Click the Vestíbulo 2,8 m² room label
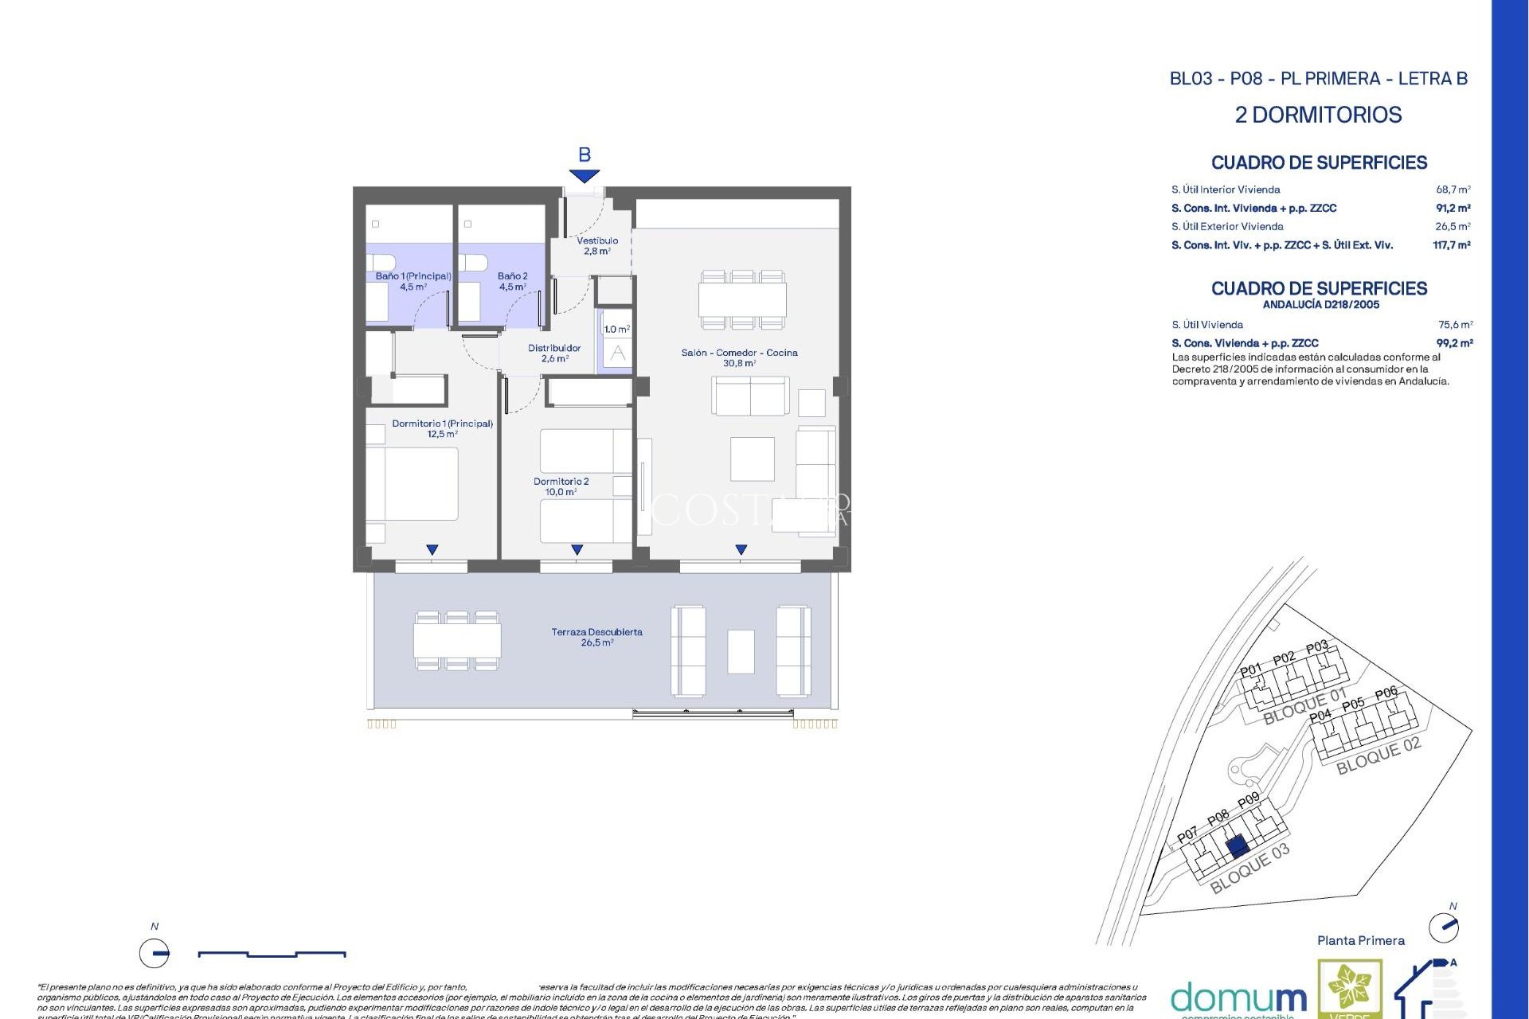pyautogui.click(x=597, y=245)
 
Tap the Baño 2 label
pyautogui.click(x=512, y=281)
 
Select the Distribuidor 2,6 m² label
pyautogui.click(x=554, y=353)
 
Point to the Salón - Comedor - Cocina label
pyautogui.click(x=739, y=357)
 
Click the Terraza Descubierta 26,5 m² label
pyautogui.click(x=596, y=637)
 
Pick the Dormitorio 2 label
pyautogui.click(x=561, y=486)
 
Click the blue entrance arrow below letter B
pyautogui.click(x=584, y=176)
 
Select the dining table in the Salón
pyautogui.click(x=742, y=300)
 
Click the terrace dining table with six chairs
pyautogui.click(x=457, y=640)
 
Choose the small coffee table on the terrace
pyautogui.click(x=741, y=651)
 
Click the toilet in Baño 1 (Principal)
pyautogui.click(x=381, y=262)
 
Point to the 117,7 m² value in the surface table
pyautogui.click(x=1451, y=245)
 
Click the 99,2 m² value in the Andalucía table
pyautogui.click(x=1454, y=343)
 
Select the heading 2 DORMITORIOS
pyautogui.click(x=1318, y=115)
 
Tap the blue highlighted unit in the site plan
pyautogui.click(x=1237, y=846)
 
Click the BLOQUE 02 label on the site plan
pyautogui.click(x=1378, y=755)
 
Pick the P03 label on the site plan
pyautogui.click(x=1316, y=646)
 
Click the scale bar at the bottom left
pyautogui.click(x=271, y=953)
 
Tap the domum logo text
pyautogui.click(x=1238, y=998)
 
